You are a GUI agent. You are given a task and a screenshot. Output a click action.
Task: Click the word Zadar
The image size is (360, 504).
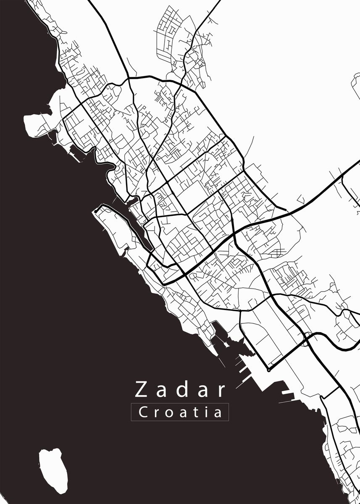coord(180,390)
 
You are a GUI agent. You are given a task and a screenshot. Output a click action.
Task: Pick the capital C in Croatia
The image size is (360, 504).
coord(143,412)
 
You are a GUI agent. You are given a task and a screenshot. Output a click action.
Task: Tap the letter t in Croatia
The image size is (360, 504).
coord(194,412)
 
